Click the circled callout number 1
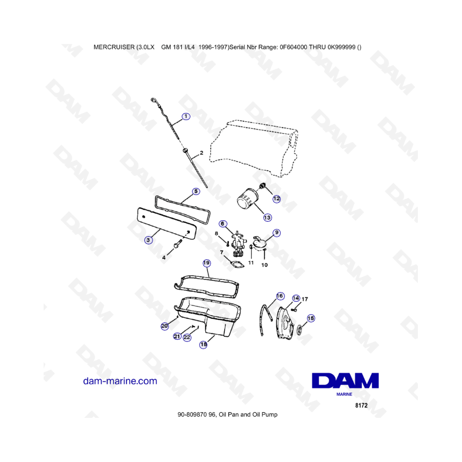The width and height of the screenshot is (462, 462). coord(186,117)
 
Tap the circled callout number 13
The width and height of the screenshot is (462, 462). coord(267,218)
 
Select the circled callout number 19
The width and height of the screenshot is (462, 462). coord(206,263)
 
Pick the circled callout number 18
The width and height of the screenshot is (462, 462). coord(203,344)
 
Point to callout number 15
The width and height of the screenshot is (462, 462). coord(311,318)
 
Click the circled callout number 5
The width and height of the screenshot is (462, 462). coord(196,191)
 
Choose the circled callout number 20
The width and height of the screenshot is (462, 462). coord(165,326)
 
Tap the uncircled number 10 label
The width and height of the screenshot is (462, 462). coord(264,265)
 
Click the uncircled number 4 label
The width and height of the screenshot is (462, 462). coord(164,258)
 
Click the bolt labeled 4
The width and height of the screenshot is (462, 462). coord(178,244)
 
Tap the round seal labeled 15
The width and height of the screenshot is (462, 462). coord(300,329)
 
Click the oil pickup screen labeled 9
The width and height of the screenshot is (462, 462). coord(260,243)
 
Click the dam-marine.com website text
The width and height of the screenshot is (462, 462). coord(120,381)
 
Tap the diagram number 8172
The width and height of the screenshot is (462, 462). coord(361,406)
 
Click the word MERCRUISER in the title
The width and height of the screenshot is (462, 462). coord(114,47)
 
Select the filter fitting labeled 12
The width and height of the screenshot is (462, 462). coord(262,186)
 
